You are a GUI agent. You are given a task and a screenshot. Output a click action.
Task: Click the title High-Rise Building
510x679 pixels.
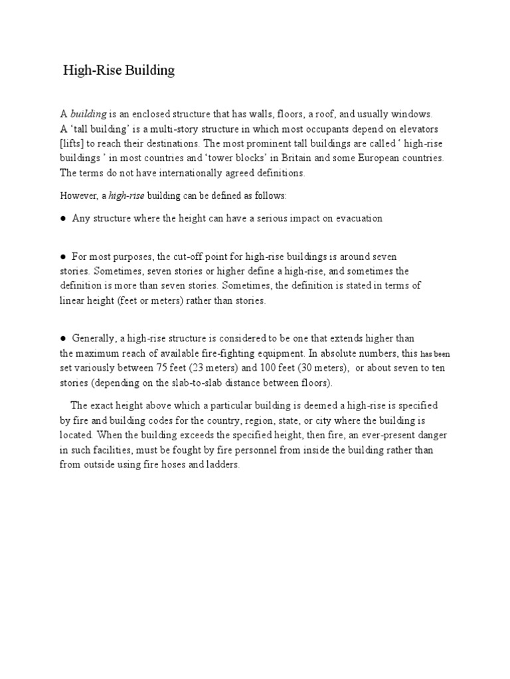tap(118, 70)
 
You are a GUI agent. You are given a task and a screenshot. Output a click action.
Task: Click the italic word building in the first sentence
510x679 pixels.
tap(88, 115)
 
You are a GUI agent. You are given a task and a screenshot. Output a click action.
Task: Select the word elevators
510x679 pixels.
tap(418, 129)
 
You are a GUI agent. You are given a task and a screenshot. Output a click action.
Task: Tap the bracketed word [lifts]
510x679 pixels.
tap(73, 144)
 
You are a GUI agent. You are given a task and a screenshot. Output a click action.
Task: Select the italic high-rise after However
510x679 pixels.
tap(126, 197)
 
